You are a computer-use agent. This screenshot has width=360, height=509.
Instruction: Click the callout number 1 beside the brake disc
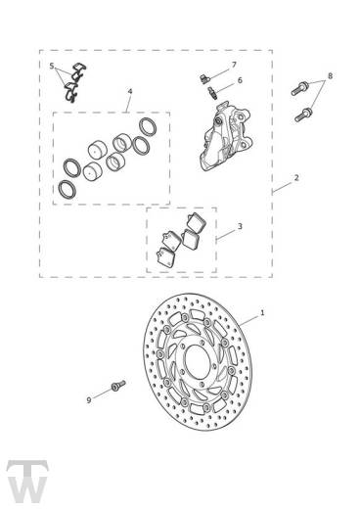click(262, 313)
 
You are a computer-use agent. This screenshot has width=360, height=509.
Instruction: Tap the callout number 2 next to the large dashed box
click(296, 178)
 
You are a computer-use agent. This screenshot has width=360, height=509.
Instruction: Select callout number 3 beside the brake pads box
click(240, 226)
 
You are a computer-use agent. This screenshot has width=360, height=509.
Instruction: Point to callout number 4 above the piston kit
click(130, 91)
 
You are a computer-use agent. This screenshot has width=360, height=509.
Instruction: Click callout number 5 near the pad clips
click(52, 67)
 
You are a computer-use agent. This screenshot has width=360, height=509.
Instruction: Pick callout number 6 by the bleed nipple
click(240, 80)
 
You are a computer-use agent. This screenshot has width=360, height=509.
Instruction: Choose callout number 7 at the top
click(234, 65)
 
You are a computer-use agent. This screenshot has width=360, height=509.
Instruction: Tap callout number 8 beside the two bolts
click(330, 76)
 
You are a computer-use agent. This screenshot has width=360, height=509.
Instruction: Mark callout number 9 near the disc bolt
click(89, 400)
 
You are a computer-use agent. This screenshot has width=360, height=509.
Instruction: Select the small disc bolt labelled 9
click(118, 386)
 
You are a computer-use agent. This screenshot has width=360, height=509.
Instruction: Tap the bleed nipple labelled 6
click(212, 91)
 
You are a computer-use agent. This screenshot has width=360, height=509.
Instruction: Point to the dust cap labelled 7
click(203, 78)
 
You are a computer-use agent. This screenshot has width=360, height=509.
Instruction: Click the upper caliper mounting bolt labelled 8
click(299, 88)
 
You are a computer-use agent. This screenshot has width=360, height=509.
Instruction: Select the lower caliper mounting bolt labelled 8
click(303, 115)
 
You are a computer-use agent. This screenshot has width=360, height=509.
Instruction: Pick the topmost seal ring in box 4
click(148, 126)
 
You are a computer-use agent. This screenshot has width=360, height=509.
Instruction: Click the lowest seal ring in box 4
click(67, 189)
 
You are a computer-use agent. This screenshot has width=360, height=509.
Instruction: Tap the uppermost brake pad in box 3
click(196, 222)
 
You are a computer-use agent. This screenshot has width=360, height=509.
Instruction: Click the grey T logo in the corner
click(27, 482)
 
